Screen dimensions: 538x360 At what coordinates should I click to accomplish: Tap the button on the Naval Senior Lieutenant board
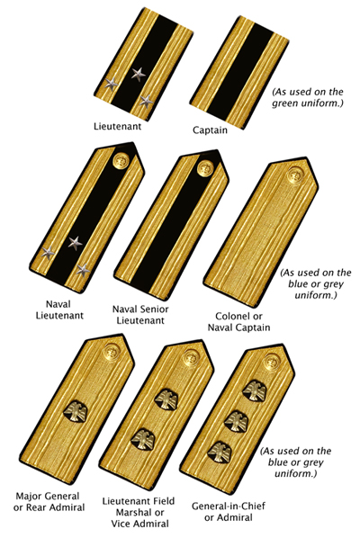203,166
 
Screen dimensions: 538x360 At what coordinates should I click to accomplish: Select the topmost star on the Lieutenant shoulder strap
139,74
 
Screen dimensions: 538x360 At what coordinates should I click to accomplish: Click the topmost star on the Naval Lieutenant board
75,242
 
